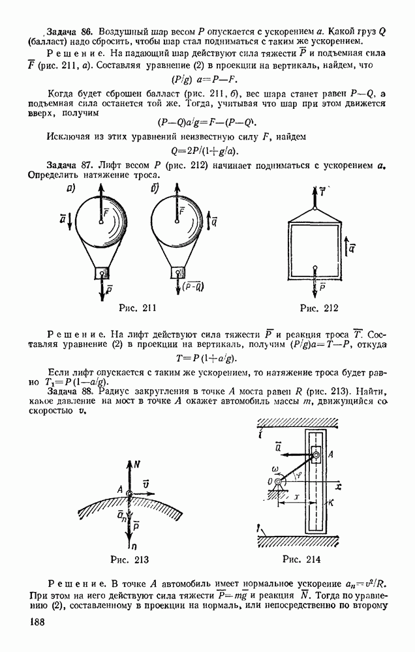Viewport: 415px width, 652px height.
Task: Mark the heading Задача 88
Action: point(72,391)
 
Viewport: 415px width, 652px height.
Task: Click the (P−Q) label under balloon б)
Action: point(191,284)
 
